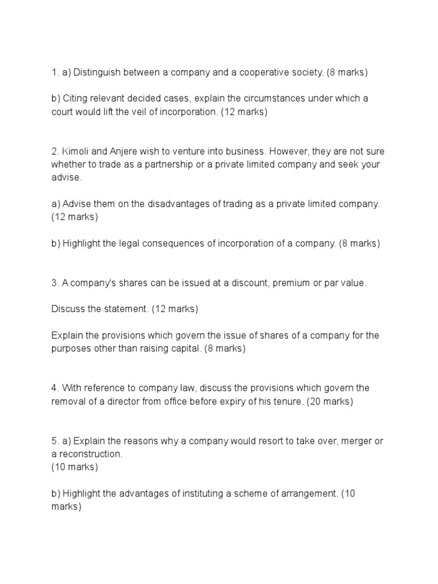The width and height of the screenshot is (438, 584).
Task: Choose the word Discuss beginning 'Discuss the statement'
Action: tap(68, 309)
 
